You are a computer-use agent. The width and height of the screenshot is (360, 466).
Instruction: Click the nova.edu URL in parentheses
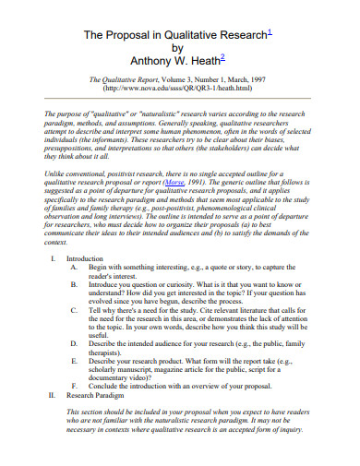[179, 90]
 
